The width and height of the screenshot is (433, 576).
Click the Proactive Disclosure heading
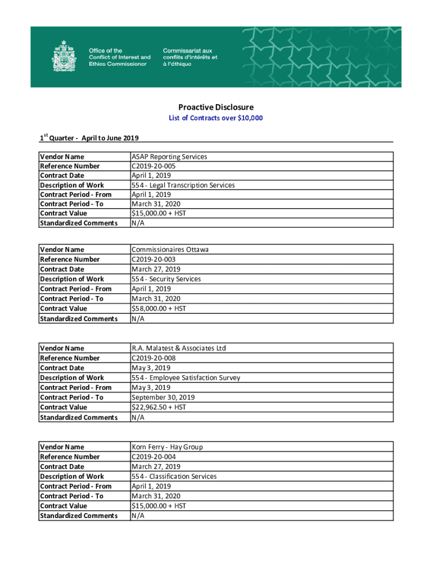[216, 107]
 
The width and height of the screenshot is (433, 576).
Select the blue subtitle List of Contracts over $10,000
[216, 118]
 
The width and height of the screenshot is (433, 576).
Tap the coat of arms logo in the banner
[63, 57]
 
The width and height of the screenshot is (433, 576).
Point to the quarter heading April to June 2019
[89, 138]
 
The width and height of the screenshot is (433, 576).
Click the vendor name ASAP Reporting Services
[169, 156]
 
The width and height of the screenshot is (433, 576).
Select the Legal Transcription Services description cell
[183, 185]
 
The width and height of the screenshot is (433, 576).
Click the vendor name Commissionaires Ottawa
[170, 249]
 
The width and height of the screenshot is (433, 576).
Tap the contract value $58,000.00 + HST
[159, 308]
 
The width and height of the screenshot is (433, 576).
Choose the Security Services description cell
[166, 279]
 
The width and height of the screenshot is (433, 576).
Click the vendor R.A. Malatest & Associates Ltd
[179, 348]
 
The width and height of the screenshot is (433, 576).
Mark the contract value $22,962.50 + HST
[159, 407]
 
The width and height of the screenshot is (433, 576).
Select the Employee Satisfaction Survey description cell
[186, 377]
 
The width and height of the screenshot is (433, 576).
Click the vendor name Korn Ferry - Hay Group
[167, 447]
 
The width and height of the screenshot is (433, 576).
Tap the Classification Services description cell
[174, 476]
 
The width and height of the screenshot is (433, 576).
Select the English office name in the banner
[120, 57]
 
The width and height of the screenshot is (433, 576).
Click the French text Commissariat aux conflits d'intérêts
[190, 57]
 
